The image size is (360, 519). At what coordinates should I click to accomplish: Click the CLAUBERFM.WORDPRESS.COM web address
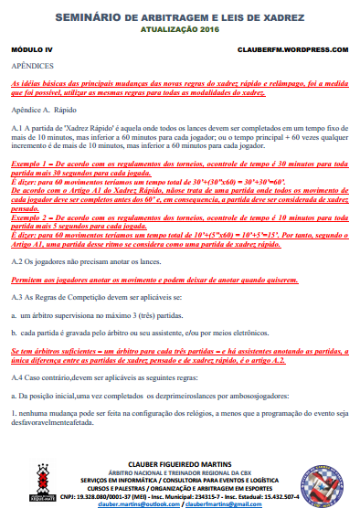(x=292, y=49)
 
